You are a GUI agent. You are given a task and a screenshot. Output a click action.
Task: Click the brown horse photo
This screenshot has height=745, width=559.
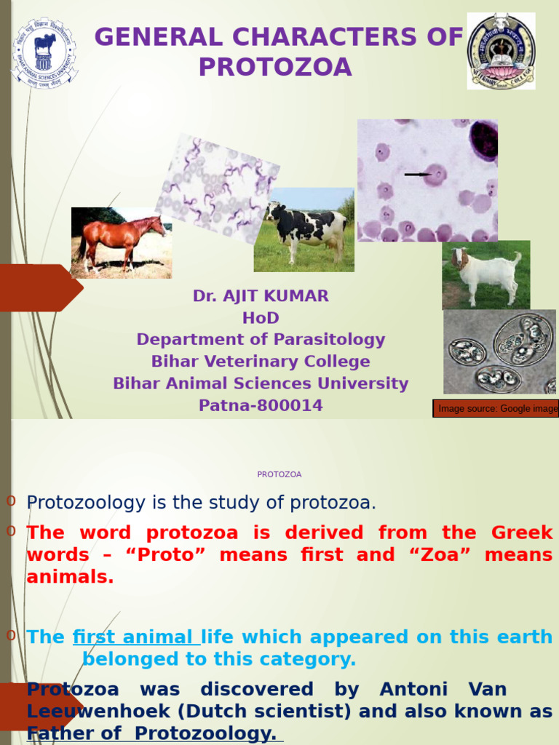122,242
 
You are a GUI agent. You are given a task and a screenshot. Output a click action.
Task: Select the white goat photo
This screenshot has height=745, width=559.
485,275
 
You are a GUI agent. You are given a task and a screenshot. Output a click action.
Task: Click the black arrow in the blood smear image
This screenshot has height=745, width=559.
416,175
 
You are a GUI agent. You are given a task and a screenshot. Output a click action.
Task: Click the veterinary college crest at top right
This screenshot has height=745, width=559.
501,51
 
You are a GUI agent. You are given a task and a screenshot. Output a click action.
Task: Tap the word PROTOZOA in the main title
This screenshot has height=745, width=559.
275,68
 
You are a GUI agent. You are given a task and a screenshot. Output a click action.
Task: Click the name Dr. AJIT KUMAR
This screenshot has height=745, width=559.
261,296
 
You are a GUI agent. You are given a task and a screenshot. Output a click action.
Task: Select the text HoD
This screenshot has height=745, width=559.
261,318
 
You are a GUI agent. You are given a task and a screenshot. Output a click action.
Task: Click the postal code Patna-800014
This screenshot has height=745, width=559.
261,406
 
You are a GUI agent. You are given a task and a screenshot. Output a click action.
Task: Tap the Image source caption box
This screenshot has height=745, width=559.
496,409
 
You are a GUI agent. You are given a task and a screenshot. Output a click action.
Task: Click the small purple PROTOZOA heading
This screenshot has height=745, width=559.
279,474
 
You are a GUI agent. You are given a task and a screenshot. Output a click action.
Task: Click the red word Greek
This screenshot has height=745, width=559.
522,533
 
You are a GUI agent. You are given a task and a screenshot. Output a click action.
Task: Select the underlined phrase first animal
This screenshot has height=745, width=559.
135,637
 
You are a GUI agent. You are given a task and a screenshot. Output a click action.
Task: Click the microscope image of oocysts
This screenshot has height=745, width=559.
499,351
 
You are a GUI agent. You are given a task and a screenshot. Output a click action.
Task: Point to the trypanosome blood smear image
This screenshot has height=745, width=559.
217,188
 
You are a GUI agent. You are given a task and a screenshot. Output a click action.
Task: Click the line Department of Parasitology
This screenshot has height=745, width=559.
261,340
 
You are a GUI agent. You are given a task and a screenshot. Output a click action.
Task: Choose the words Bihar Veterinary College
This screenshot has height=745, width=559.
261,362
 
